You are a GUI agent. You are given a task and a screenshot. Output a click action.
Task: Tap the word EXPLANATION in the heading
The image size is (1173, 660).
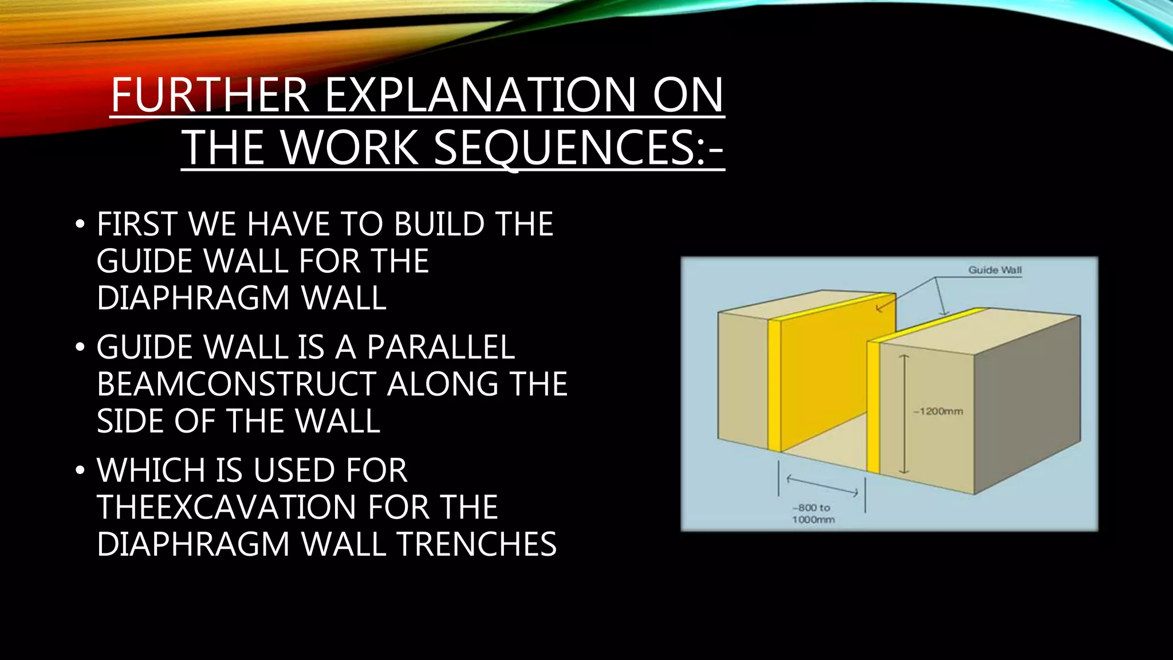[481, 95]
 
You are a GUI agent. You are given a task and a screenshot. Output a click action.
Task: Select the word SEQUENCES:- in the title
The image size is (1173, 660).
[578, 148]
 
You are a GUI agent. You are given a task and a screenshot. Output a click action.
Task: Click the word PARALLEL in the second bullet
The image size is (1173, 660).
[440, 347]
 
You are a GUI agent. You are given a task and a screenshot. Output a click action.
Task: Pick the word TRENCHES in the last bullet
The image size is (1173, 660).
[477, 544]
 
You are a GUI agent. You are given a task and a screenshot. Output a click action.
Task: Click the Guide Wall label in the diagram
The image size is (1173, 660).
[995, 270]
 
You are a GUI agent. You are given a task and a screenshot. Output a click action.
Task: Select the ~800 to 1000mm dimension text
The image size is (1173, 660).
[813, 514]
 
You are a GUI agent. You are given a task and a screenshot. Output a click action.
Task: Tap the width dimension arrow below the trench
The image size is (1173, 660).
[822, 485]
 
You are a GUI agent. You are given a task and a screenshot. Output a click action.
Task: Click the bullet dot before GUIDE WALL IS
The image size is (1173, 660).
[80, 347]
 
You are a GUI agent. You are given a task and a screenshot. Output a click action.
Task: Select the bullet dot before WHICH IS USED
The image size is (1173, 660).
[80, 470]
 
